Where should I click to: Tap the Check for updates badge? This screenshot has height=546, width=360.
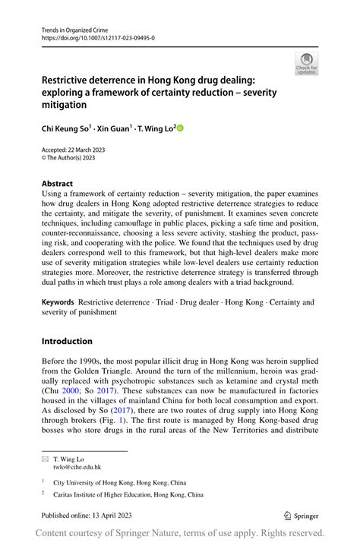(x=306, y=64)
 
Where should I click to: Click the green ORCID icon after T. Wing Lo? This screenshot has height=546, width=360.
(x=180, y=128)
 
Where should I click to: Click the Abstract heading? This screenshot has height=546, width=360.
(x=57, y=184)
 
